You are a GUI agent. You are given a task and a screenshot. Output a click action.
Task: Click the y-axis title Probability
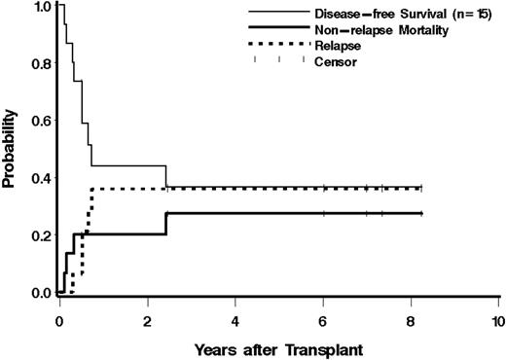pyautogui.click(x=9, y=151)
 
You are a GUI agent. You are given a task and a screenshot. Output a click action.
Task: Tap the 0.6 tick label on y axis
pyautogui.click(x=37, y=122)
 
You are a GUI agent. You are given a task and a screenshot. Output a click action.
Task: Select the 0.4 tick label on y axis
pyautogui.click(x=37, y=179)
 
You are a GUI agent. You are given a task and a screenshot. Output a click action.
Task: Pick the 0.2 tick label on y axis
pyautogui.click(x=37, y=235)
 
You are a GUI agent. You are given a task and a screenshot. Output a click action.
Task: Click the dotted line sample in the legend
pyautogui.click(x=276, y=46)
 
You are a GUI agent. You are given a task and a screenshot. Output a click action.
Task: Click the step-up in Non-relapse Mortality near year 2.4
pyautogui.click(x=166, y=223)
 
